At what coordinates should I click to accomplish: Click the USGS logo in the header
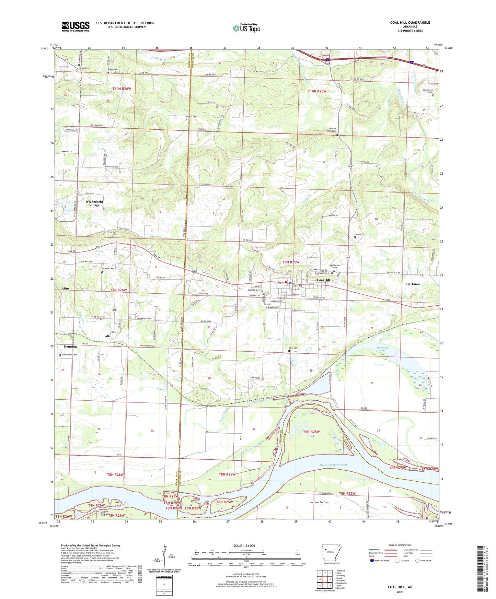(x=76, y=26)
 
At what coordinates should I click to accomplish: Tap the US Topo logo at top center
(x=246, y=28)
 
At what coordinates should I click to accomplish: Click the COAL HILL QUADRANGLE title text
(x=410, y=23)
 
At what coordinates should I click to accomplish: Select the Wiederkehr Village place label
(x=94, y=203)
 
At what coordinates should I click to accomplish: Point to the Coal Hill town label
(x=323, y=280)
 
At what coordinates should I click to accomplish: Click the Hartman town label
(x=413, y=284)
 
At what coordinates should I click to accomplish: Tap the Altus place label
(x=65, y=289)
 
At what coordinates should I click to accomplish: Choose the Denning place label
(x=70, y=347)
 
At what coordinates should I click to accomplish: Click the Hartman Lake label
(x=383, y=349)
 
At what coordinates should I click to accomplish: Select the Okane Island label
(x=102, y=514)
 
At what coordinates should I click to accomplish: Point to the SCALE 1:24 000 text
(x=244, y=545)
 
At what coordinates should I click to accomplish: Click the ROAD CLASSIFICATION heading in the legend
(x=400, y=545)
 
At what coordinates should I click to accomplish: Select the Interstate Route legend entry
(x=382, y=561)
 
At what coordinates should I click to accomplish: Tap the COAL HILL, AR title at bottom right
(x=400, y=587)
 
